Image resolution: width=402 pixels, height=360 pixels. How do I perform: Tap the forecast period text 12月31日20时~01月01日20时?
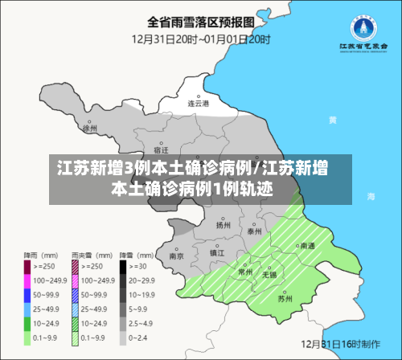pos(200,37)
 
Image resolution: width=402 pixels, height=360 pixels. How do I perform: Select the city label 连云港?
pos(198,103)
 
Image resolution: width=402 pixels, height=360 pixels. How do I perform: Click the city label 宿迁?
pos(161,149)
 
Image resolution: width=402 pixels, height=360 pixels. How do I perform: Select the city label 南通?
pos(306,247)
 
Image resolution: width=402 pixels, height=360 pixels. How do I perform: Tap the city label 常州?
pos(244,273)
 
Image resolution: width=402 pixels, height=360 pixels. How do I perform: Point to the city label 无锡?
pos(269,275)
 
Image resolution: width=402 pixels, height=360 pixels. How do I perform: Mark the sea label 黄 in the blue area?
pos(333,119)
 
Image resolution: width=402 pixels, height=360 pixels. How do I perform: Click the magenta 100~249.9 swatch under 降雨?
pos(27,280)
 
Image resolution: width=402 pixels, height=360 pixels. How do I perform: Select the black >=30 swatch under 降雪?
pos(124,266)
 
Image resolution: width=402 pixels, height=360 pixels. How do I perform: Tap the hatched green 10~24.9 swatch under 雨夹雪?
pos(76,324)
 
